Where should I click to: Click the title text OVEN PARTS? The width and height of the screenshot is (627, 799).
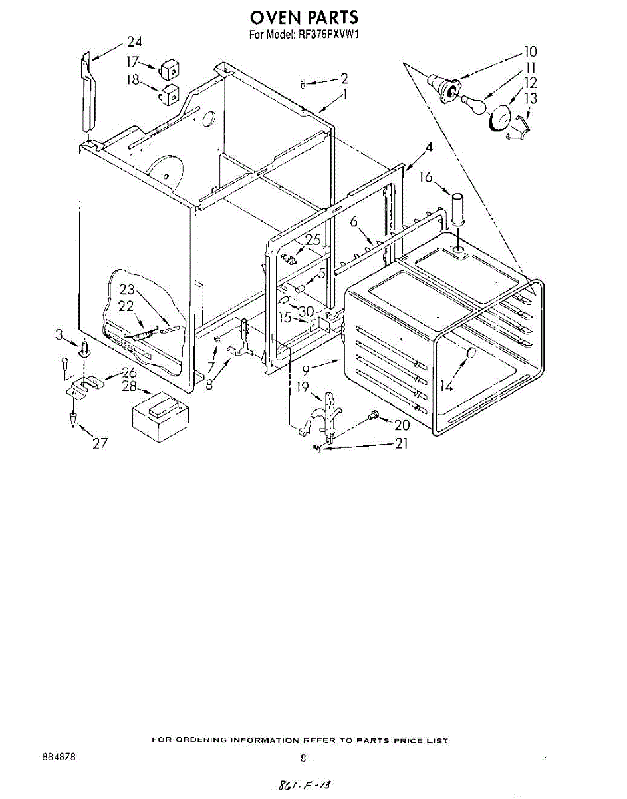click(304, 16)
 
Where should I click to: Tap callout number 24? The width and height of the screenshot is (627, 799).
click(135, 42)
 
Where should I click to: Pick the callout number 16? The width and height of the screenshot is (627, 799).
click(426, 177)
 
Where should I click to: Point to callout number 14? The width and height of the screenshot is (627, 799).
click(447, 385)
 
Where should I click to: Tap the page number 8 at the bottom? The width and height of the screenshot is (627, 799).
click(303, 758)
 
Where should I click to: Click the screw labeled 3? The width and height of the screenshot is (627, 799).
click(84, 348)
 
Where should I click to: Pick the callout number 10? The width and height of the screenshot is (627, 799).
click(530, 51)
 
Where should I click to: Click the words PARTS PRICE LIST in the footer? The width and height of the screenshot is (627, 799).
click(402, 740)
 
